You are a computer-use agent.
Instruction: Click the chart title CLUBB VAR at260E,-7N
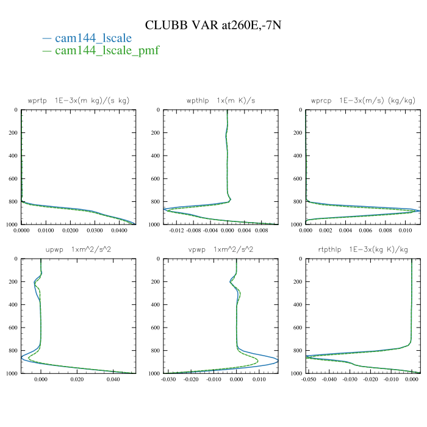(213, 25)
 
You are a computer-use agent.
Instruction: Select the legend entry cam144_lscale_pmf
(107, 51)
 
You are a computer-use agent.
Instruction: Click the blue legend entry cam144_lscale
(93, 38)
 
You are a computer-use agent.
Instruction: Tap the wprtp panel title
(78, 100)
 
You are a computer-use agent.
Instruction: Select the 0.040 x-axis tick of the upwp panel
(113, 380)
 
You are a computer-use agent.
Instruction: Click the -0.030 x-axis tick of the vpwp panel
(169, 380)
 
